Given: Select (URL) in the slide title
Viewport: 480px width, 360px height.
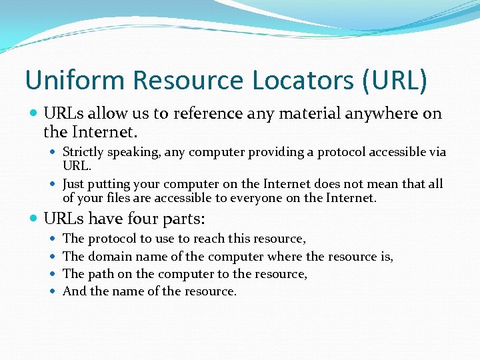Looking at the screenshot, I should (x=395, y=81).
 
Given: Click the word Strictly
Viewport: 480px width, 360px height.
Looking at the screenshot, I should (x=83, y=152).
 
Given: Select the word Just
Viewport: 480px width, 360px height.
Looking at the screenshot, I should (x=73, y=184).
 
